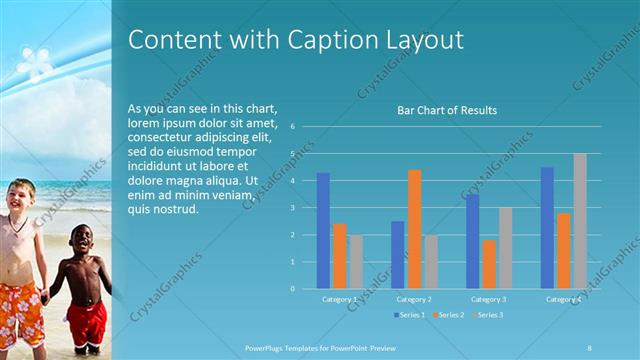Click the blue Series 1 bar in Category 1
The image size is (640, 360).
point(323,230)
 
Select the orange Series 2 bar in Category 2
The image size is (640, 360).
point(414,229)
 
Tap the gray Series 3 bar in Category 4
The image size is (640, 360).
point(580,221)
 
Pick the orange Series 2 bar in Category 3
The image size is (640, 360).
point(488,264)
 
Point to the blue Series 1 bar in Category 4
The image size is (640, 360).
point(547,228)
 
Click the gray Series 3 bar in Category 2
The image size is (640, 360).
point(430,262)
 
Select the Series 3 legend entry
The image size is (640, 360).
point(488,315)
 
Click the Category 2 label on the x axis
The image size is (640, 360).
point(414,299)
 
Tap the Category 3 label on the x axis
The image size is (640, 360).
point(489,299)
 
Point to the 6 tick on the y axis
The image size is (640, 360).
point(292,127)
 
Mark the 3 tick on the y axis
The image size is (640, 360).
point(292,208)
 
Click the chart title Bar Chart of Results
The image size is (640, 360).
point(447,110)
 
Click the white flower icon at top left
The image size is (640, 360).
point(36,63)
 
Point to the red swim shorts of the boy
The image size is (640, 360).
point(86,325)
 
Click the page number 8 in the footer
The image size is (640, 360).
point(589,348)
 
